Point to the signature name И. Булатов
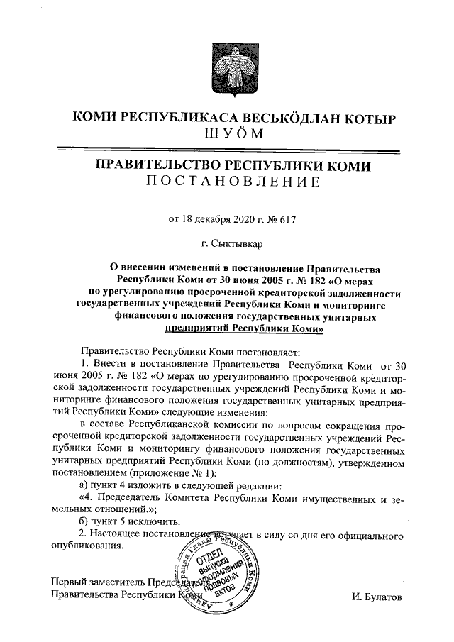point(376,597)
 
